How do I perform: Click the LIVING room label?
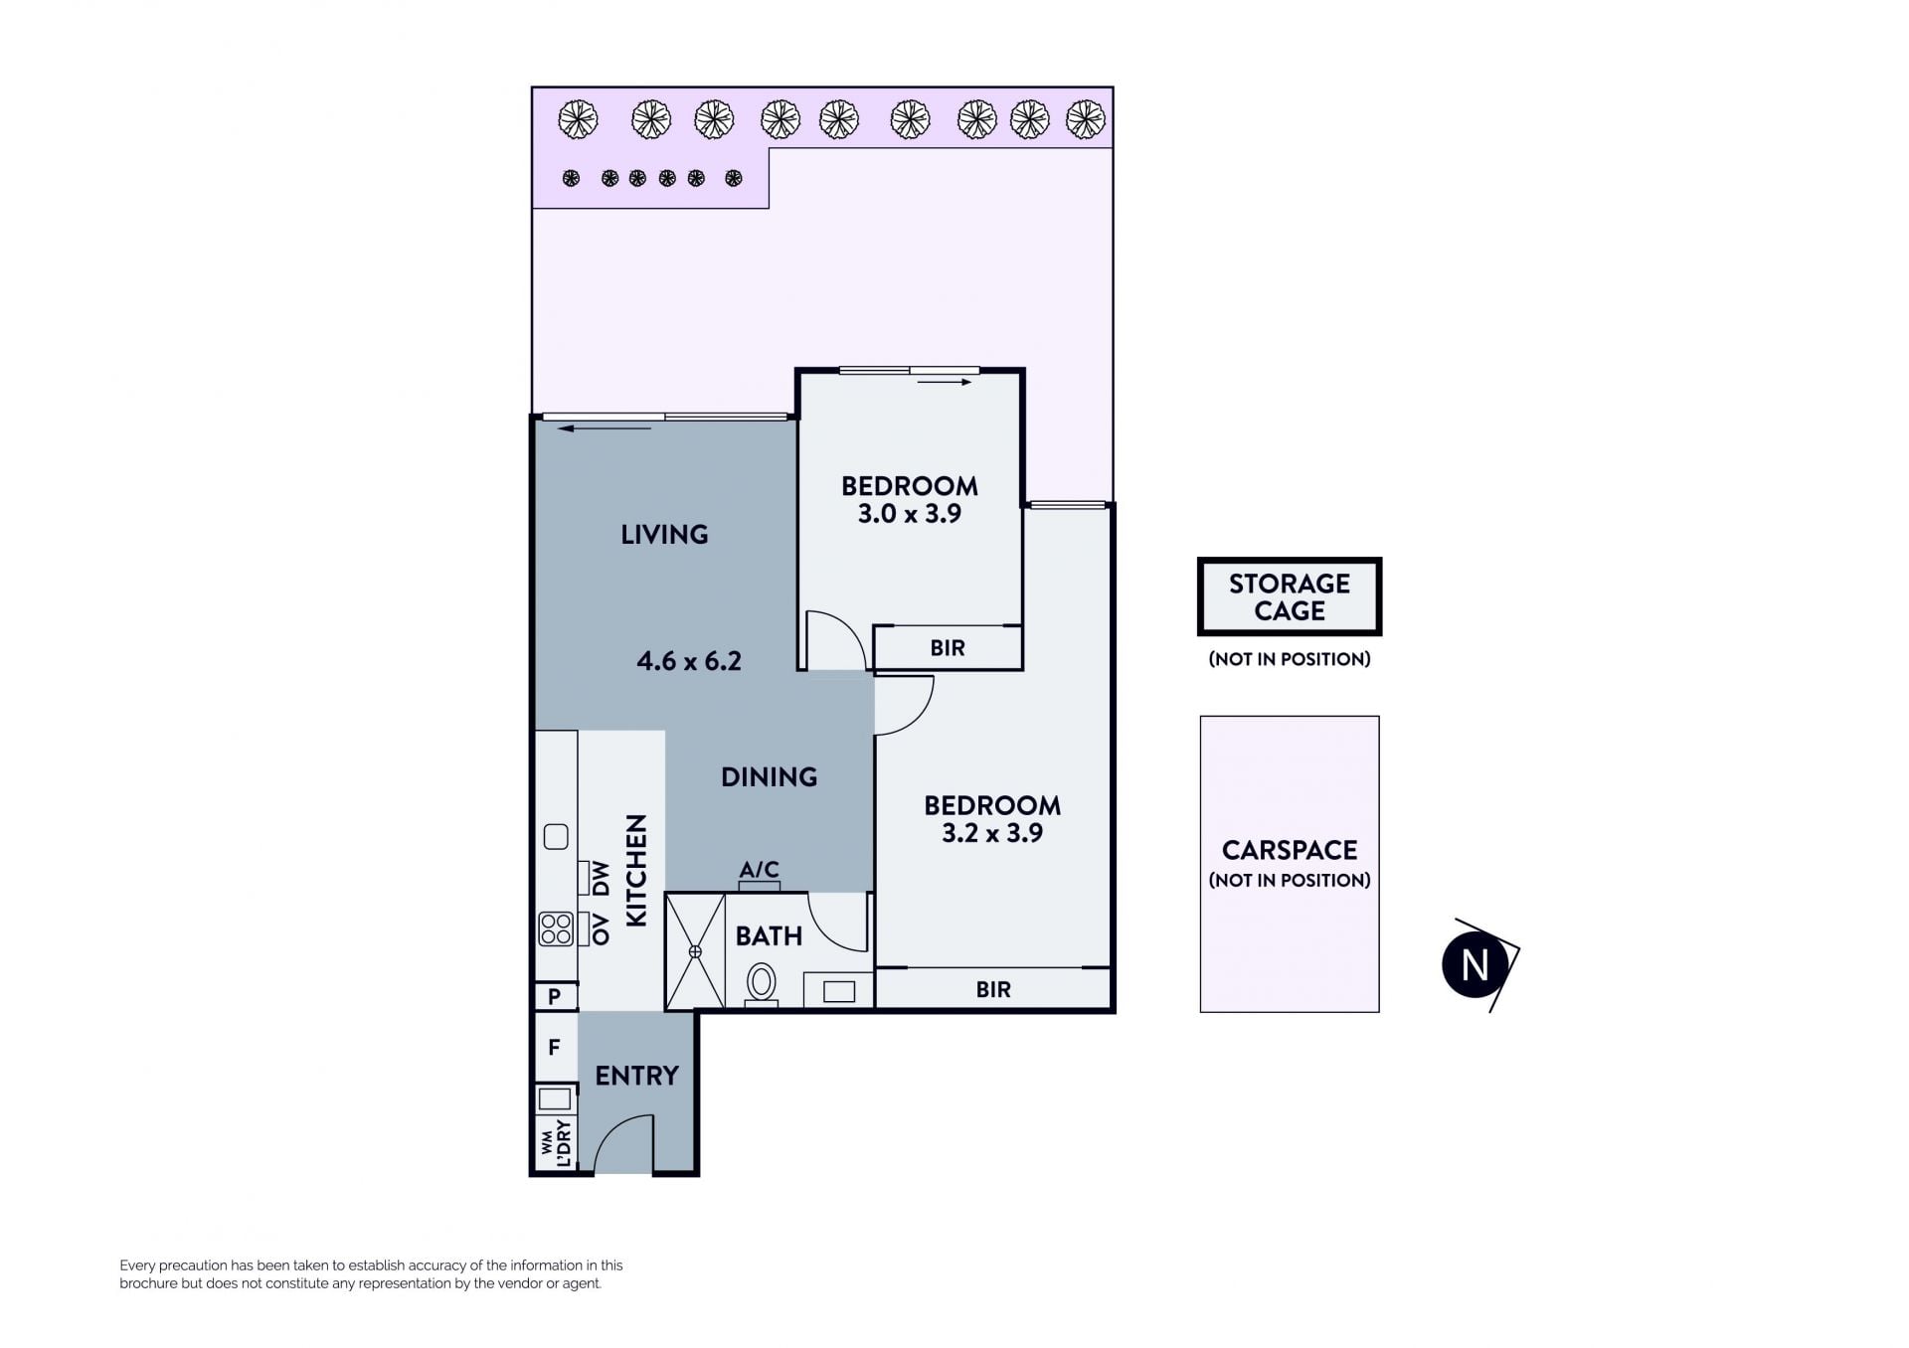(664, 535)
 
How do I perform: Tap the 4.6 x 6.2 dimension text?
(689, 661)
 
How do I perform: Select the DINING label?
(769, 777)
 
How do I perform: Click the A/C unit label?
(759, 870)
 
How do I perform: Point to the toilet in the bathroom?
(762, 984)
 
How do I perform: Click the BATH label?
(769, 936)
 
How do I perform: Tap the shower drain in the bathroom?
(695, 951)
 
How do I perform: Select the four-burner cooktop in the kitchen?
(556, 929)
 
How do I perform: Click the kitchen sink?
(556, 837)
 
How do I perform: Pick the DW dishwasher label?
(600, 879)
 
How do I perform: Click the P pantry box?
(556, 995)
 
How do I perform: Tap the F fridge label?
(555, 1047)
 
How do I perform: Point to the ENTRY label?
(636, 1076)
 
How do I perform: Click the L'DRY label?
(564, 1143)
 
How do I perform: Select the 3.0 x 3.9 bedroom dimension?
(910, 514)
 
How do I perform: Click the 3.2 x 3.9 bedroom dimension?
(992, 833)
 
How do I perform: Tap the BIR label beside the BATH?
(993, 990)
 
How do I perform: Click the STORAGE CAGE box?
(1290, 596)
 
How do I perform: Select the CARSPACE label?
(1290, 850)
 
